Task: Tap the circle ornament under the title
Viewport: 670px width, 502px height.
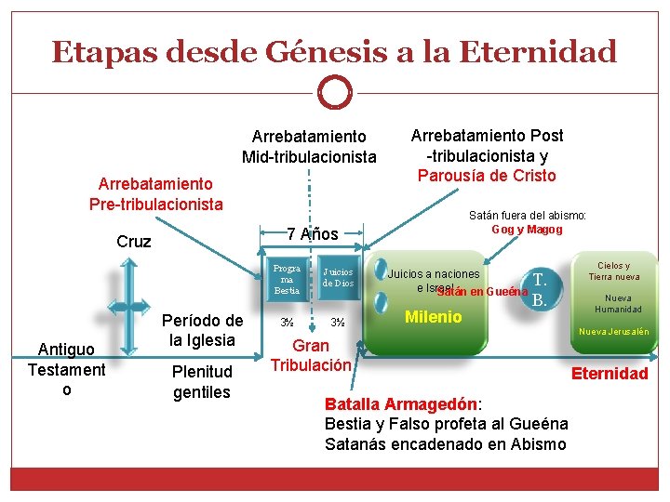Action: pyautogui.click(x=334, y=93)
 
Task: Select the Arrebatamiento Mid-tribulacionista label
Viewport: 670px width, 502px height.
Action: pyautogui.click(x=309, y=147)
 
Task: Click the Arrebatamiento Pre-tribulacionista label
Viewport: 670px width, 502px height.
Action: pyautogui.click(x=155, y=194)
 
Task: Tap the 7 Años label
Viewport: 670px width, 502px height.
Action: pyautogui.click(x=312, y=232)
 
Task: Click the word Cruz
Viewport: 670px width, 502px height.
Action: pyautogui.click(x=134, y=242)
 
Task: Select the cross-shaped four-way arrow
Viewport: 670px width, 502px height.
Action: pyautogui.click(x=134, y=301)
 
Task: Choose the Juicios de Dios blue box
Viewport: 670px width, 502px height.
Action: pyautogui.click(x=338, y=278)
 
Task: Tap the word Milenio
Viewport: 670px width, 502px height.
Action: pyautogui.click(x=433, y=317)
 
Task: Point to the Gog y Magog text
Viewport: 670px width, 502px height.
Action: pyautogui.click(x=527, y=230)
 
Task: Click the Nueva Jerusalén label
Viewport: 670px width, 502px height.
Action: pyautogui.click(x=614, y=332)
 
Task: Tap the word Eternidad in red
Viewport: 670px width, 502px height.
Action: pyautogui.click(x=610, y=374)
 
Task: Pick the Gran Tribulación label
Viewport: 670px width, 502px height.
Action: pyautogui.click(x=311, y=355)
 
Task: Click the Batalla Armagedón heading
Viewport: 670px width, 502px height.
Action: pyautogui.click(x=400, y=404)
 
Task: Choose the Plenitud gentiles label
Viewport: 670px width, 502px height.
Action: pyautogui.click(x=202, y=382)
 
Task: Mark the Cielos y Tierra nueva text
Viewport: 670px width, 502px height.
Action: pyautogui.click(x=613, y=271)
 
